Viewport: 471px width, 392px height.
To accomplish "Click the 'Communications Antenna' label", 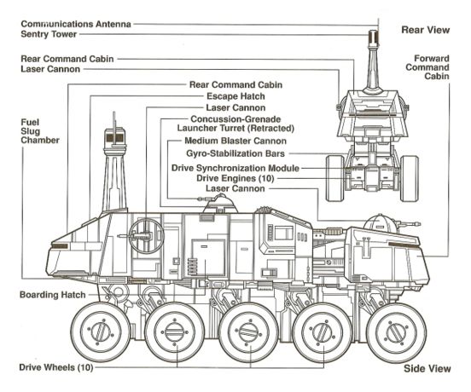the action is coord(76,24).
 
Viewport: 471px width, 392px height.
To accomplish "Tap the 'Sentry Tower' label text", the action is coord(49,34).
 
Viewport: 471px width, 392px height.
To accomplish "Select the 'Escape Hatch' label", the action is coord(235,96).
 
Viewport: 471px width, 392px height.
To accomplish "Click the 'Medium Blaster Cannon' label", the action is coord(235,141).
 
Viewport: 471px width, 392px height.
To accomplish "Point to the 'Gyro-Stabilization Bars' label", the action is coord(235,153).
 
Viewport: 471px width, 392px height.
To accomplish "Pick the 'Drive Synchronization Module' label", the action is coord(235,168).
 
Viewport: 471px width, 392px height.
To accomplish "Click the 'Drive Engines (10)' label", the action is coord(235,178).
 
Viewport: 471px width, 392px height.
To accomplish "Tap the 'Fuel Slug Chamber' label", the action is coord(40,131).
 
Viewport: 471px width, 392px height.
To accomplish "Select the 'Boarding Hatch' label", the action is coord(53,295).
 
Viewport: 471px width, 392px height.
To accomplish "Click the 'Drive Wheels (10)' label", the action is coord(56,367).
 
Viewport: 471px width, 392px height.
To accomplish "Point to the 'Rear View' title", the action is coord(426,30).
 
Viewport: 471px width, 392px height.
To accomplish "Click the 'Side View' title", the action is coord(427,369).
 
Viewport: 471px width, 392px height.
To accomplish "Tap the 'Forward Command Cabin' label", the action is coord(427,67).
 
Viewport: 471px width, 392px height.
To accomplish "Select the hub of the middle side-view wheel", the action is coord(248,332).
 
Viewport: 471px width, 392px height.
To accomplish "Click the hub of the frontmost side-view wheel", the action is coord(396,332).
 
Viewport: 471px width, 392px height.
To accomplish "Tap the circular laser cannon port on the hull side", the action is coord(146,235).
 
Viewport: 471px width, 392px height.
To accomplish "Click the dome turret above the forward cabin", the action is coord(379,222).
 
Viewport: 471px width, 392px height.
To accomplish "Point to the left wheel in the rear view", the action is coord(334,178).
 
